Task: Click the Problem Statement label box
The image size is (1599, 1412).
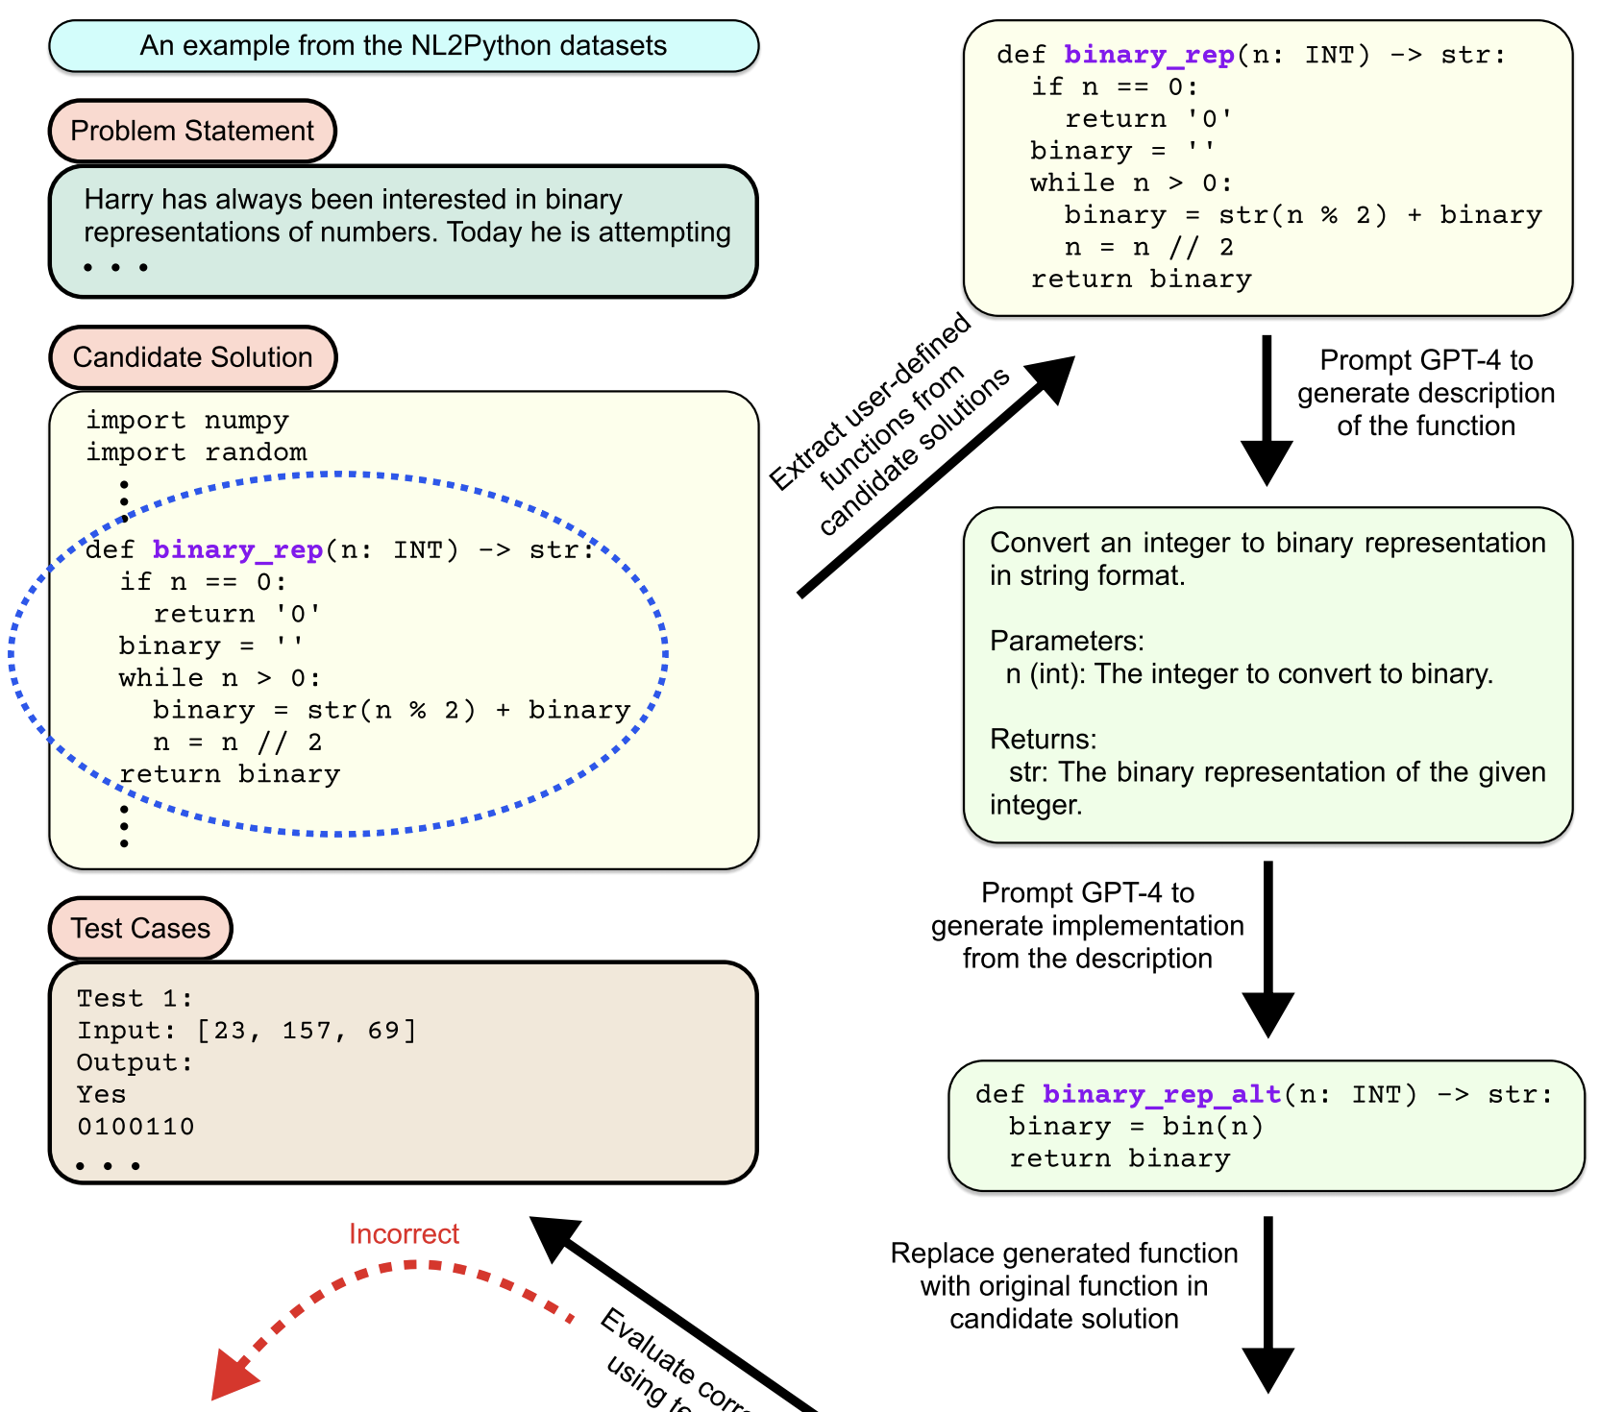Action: (192, 131)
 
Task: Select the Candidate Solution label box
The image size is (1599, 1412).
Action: (192, 357)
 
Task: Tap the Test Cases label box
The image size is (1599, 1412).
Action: (140, 928)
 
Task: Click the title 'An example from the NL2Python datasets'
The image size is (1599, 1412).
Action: (404, 46)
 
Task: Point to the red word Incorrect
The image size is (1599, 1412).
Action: (404, 1234)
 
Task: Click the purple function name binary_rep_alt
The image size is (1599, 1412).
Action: (1161, 1094)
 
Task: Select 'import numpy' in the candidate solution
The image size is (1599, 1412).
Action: (187, 421)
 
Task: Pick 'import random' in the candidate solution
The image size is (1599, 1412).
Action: (196, 452)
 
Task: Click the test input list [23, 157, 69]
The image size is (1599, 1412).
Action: (307, 1031)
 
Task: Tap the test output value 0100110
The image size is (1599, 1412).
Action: (135, 1127)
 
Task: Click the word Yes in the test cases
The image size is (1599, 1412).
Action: (101, 1095)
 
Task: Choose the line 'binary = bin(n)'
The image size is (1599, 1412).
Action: (1136, 1127)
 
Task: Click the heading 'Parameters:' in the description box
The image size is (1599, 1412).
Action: (1067, 641)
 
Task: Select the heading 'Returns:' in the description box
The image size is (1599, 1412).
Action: (1043, 739)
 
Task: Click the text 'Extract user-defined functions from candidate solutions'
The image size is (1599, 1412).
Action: (889, 423)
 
